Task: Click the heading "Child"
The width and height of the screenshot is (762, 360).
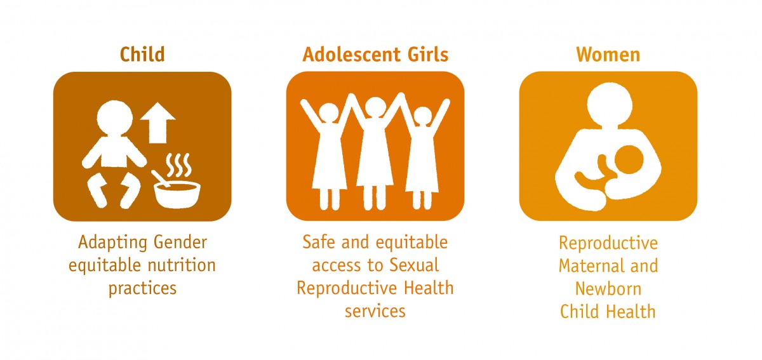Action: (142, 55)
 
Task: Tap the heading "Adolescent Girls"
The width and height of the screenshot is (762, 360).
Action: (375, 55)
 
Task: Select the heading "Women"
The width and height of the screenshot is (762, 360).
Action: (608, 55)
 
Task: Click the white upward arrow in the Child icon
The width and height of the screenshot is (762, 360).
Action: (157, 123)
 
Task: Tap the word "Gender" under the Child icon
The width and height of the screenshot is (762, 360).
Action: (181, 243)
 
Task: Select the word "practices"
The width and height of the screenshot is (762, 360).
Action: (142, 288)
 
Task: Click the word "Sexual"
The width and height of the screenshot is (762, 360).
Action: (416, 265)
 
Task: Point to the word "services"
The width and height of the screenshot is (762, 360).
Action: (375, 310)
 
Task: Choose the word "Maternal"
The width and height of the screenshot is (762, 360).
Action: (587, 265)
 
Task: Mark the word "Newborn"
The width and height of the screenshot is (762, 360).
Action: (608, 288)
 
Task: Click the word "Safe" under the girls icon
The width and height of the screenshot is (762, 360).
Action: (317, 243)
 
